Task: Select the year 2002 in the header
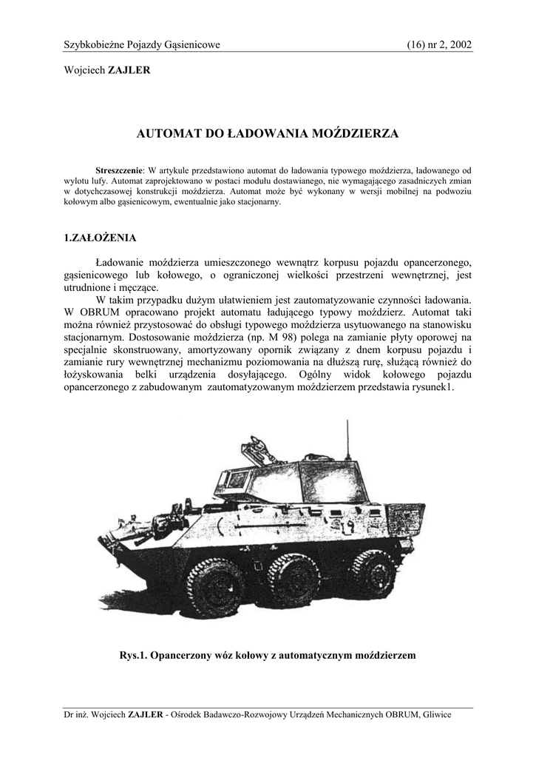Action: [459, 45]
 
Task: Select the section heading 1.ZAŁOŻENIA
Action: [100, 238]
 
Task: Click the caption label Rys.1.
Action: [134, 655]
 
